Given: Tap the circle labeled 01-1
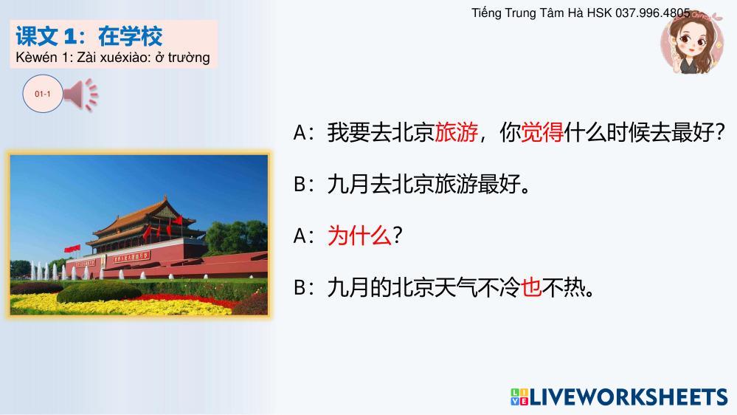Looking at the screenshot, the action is pyautogui.click(x=43, y=94).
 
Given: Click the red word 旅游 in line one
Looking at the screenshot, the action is pyautogui.click(x=457, y=132).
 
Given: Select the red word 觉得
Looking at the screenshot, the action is pyautogui.click(x=542, y=132).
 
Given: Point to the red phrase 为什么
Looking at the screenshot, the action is pyautogui.click(x=359, y=236).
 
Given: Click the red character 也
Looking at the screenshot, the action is pyautogui.click(x=531, y=287).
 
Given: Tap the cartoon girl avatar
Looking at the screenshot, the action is pyautogui.click(x=691, y=42).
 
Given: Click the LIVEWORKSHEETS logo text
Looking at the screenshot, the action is pyautogui.click(x=629, y=397).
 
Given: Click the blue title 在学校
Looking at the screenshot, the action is pyautogui.click(x=130, y=36).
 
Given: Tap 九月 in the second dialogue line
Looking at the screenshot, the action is pyautogui.click(x=348, y=184).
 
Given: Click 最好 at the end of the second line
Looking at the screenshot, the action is pyautogui.click(x=499, y=184).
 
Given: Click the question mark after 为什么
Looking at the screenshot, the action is pyautogui.click(x=397, y=236).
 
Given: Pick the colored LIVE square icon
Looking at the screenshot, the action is pyautogui.click(x=519, y=397).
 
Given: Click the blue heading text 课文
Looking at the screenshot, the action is pyautogui.click(x=37, y=36).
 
